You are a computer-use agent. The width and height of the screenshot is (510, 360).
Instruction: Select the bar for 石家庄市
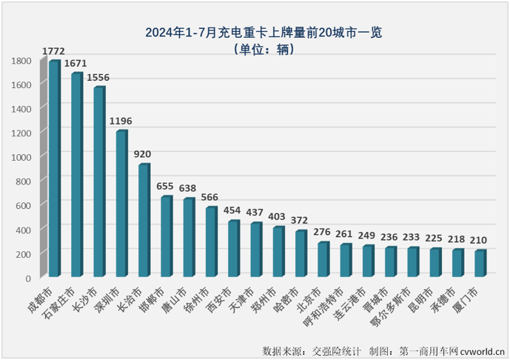76,175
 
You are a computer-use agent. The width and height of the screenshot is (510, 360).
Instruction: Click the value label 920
143,154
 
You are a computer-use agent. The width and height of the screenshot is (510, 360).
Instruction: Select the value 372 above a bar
301,220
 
